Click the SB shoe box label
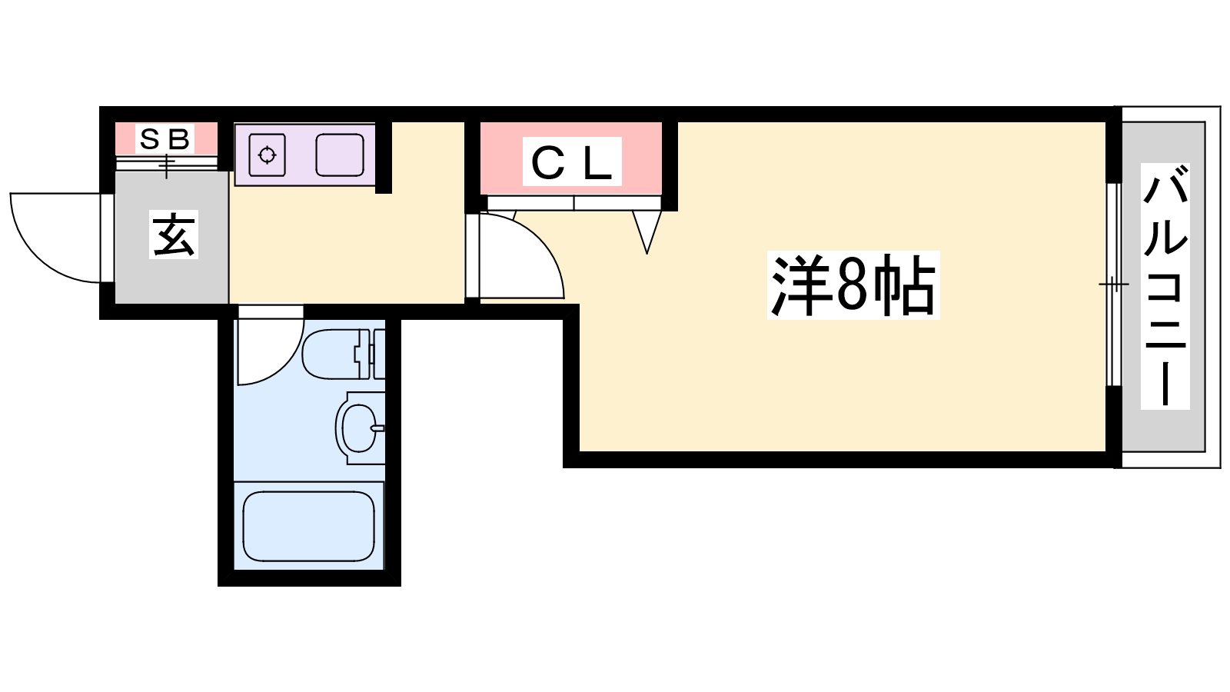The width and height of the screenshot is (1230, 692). click(x=165, y=139)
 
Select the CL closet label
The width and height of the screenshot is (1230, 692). click(x=571, y=162)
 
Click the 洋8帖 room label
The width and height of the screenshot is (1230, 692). click(x=853, y=285)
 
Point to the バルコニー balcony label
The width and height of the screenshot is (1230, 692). click(x=1165, y=285)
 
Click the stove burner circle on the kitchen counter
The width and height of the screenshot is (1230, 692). click(x=267, y=155)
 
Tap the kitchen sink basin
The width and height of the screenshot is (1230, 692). click(x=340, y=155)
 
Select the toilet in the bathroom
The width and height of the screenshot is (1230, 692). click(x=338, y=354)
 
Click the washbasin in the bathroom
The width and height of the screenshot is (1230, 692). click(x=357, y=428)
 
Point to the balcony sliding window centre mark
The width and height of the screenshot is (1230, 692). click(x=1113, y=285)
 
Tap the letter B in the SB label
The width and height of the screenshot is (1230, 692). click(x=179, y=139)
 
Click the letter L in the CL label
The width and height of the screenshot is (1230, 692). click(x=598, y=162)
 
